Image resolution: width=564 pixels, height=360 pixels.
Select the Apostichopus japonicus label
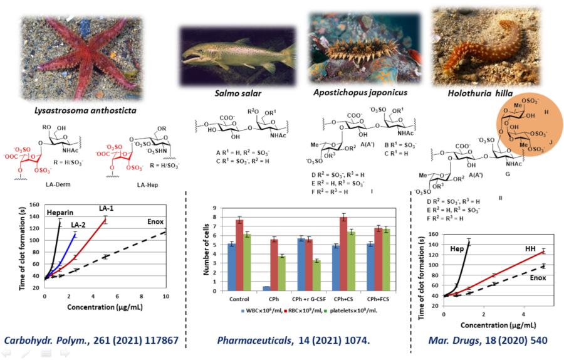(358, 92)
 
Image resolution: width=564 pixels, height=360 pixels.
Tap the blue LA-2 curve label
(78, 225)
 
